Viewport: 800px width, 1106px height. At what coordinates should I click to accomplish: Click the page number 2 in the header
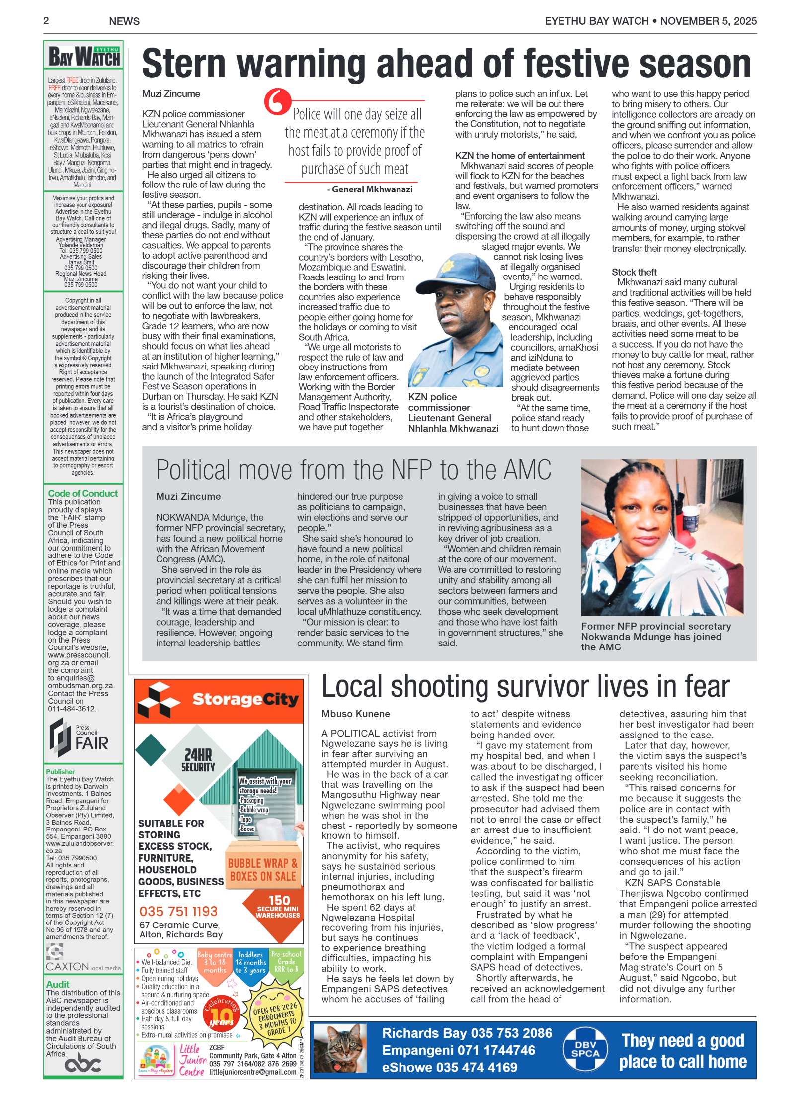click(x=46, y=21)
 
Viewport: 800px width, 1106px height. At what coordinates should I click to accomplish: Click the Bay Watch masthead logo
click(x=83, y=56)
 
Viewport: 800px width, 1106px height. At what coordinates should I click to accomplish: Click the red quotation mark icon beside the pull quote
click(x=277, y=101)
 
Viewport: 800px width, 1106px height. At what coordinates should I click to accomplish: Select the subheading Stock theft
click(x=634, y=272)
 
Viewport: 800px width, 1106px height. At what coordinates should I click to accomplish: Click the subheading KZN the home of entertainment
click(x=519, y=156)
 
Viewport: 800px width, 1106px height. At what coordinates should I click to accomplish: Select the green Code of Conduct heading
click(x=82, y=493)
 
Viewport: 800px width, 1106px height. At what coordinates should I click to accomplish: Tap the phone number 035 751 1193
click(x=178, y=911)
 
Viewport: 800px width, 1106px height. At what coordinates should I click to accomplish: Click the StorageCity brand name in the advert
click(x=245, y=699)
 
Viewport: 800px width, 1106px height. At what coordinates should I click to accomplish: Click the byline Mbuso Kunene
click(x=355, y=714)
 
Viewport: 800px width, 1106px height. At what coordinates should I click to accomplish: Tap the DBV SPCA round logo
click(x=585, y=1049)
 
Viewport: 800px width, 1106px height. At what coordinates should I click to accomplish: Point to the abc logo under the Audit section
click(x=82, y=1064)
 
